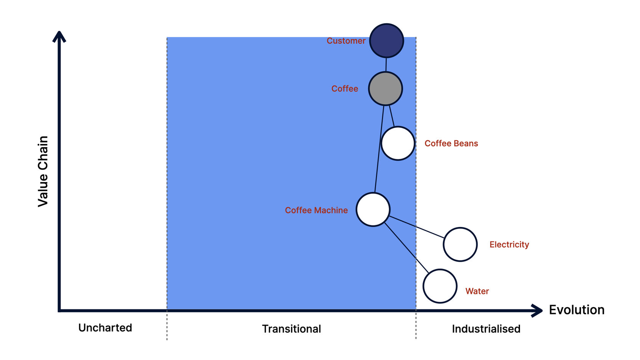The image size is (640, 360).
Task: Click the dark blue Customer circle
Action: [x=387, y=40]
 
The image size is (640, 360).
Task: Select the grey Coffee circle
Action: [x=386, y=88]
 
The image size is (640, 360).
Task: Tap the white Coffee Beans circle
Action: [x=398, y=143]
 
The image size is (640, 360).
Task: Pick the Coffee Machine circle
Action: [x=373, y=210]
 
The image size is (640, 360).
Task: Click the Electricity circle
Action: [x=460, y=244]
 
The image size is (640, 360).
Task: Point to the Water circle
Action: [x=440, y=286]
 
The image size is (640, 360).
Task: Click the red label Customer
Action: [x=346, y=41]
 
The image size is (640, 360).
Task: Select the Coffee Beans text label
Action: [x=451, y=143]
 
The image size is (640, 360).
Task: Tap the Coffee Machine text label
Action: [x=316, y=210]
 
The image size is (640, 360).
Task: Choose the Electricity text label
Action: [x=509, y=245]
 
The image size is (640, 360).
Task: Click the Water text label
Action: [x=477, y=291]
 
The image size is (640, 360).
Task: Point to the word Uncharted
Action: [x=105, y=328]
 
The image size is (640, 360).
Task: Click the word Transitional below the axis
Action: [x=291, y=329]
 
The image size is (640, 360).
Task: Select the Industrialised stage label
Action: [x=486, y=329]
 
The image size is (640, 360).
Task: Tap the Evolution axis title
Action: [x=577, y=310]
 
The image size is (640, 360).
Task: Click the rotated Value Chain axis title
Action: [x=43, y=171]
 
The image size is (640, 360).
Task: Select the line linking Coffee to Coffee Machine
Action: [x=379, y=149]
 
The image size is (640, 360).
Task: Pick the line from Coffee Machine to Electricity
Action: [x=417, y=227]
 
